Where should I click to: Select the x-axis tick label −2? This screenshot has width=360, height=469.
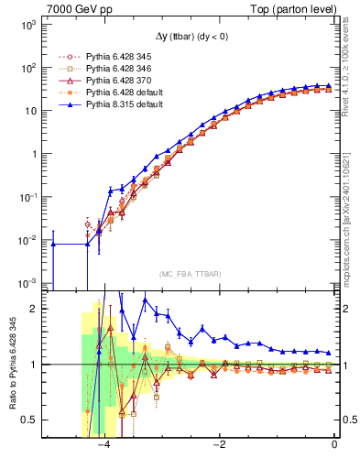pyautogui.click(x=219, y=446)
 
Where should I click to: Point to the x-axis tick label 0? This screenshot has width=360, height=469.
pyautogui.click(x=334, y=446)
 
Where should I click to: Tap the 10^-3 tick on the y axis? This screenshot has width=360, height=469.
pyautogui.click(x=28, y=282)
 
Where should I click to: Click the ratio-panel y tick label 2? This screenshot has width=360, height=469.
pyautogui.click(x=36, y=309)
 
